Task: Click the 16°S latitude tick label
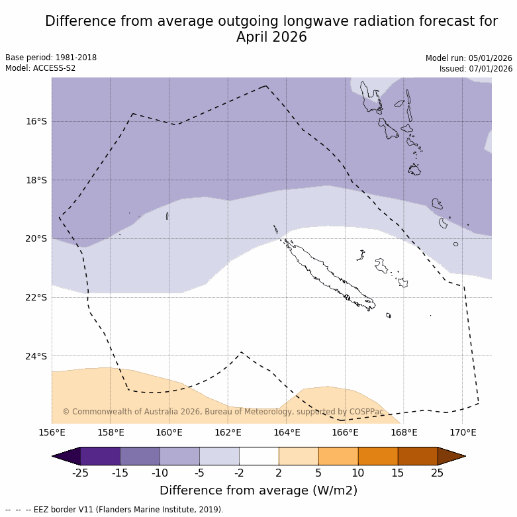tap(36, 121)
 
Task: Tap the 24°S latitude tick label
tap(36, 356)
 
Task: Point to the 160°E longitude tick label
tap(169, 433)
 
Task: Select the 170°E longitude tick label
tap(463, 433)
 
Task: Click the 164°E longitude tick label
tap(287, 433)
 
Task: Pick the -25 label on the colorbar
tap(80, 473)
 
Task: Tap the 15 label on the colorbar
tap(398, 473)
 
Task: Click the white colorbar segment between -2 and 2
tap(259, 456)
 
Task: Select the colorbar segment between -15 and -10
tap(140, 456)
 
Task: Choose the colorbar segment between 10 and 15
tap(378, 456)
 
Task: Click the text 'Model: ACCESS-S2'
tap(40, 68)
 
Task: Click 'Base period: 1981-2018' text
tap(51, 58)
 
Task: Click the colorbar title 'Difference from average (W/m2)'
tap(258, 491)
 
